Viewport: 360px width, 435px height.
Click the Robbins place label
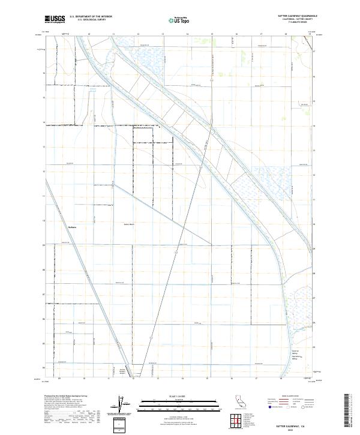(73, 227)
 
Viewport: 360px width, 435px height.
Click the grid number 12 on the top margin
(138, 35)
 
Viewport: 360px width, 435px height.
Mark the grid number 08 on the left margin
(43, 270)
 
